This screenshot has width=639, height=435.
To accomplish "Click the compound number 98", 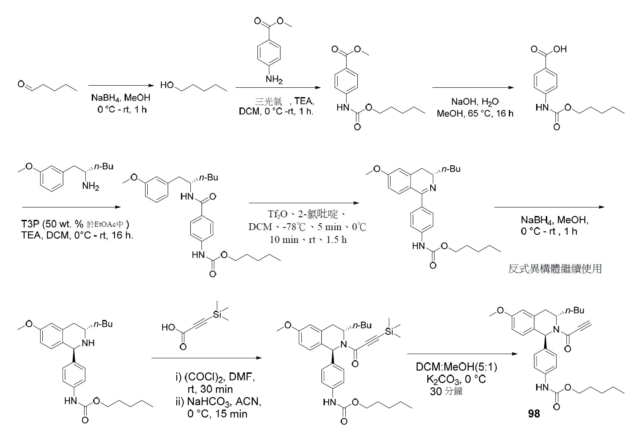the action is [534, 413].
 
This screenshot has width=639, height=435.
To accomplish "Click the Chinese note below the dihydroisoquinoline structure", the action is [555, 269].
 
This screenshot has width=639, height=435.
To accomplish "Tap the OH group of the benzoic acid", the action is [560, 49].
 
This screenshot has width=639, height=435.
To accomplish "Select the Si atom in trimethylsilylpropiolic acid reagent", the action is [217, 314].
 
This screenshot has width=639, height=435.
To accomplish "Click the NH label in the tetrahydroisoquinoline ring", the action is [88, 343].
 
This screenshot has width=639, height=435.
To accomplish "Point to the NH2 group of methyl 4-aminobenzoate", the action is [274, 79].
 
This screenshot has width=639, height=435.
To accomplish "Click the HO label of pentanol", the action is [167, 85].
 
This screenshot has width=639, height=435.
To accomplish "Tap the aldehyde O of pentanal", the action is [21, 84].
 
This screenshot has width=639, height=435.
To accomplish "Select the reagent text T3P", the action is [30, 224].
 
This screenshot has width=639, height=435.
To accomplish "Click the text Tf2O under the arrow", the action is [278, 214].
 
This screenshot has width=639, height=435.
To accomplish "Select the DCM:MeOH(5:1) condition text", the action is [456, 367].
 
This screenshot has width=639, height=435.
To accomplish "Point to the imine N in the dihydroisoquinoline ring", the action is [433, 188].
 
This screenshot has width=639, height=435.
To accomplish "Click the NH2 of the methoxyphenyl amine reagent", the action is [91, 187].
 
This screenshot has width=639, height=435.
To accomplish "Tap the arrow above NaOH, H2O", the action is [473, 87].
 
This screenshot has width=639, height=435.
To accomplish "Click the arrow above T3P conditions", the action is [71, 207].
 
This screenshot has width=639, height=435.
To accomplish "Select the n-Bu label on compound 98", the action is [575, 310].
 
